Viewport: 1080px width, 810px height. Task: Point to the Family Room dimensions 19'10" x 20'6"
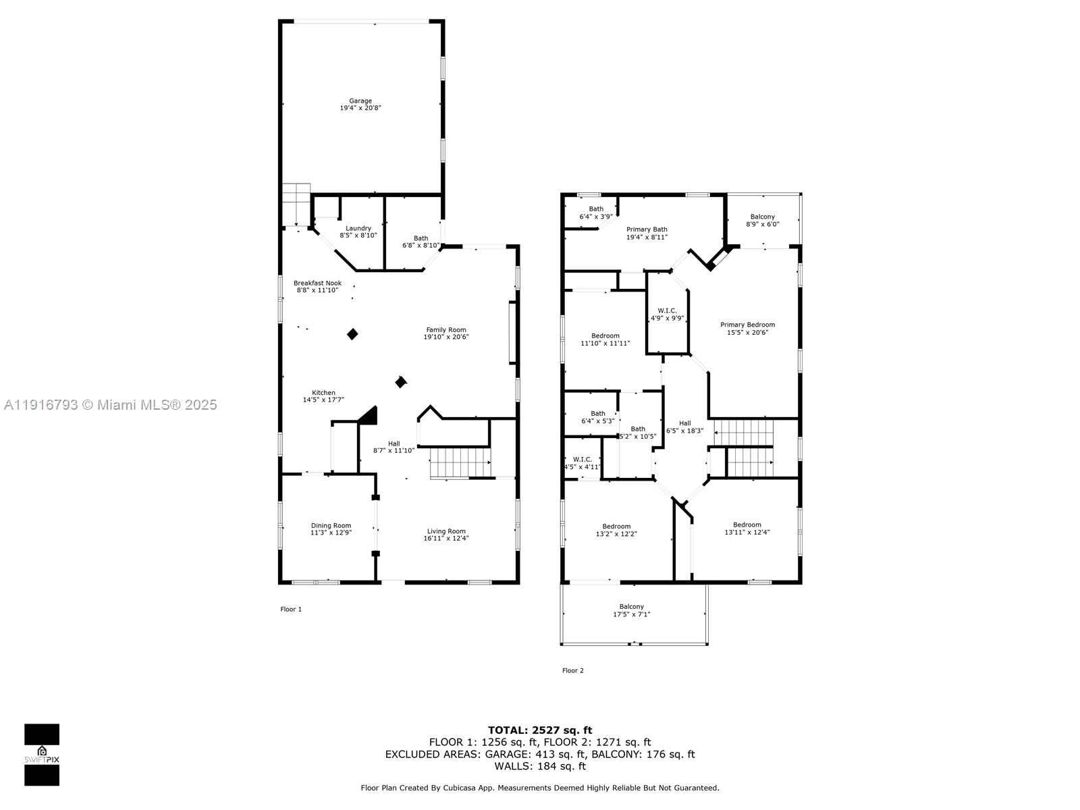coord(446,337)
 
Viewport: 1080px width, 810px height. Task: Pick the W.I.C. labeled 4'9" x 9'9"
coord(667,314)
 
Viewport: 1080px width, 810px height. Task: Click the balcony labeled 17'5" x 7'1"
coord(632,610)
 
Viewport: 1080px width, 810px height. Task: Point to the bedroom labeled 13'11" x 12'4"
coord(747,528)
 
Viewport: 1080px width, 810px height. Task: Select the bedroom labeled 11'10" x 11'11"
coord(605,339)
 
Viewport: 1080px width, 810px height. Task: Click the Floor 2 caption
coord(572,670)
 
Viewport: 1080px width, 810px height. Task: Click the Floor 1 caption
coord(291,609)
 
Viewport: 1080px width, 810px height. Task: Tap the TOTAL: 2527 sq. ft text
coord(540,730)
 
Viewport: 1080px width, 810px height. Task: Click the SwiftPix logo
coord(42,755)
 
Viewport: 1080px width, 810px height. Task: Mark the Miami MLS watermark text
coord(111,404)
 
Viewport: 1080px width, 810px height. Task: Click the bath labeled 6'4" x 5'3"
coord(598,417)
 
